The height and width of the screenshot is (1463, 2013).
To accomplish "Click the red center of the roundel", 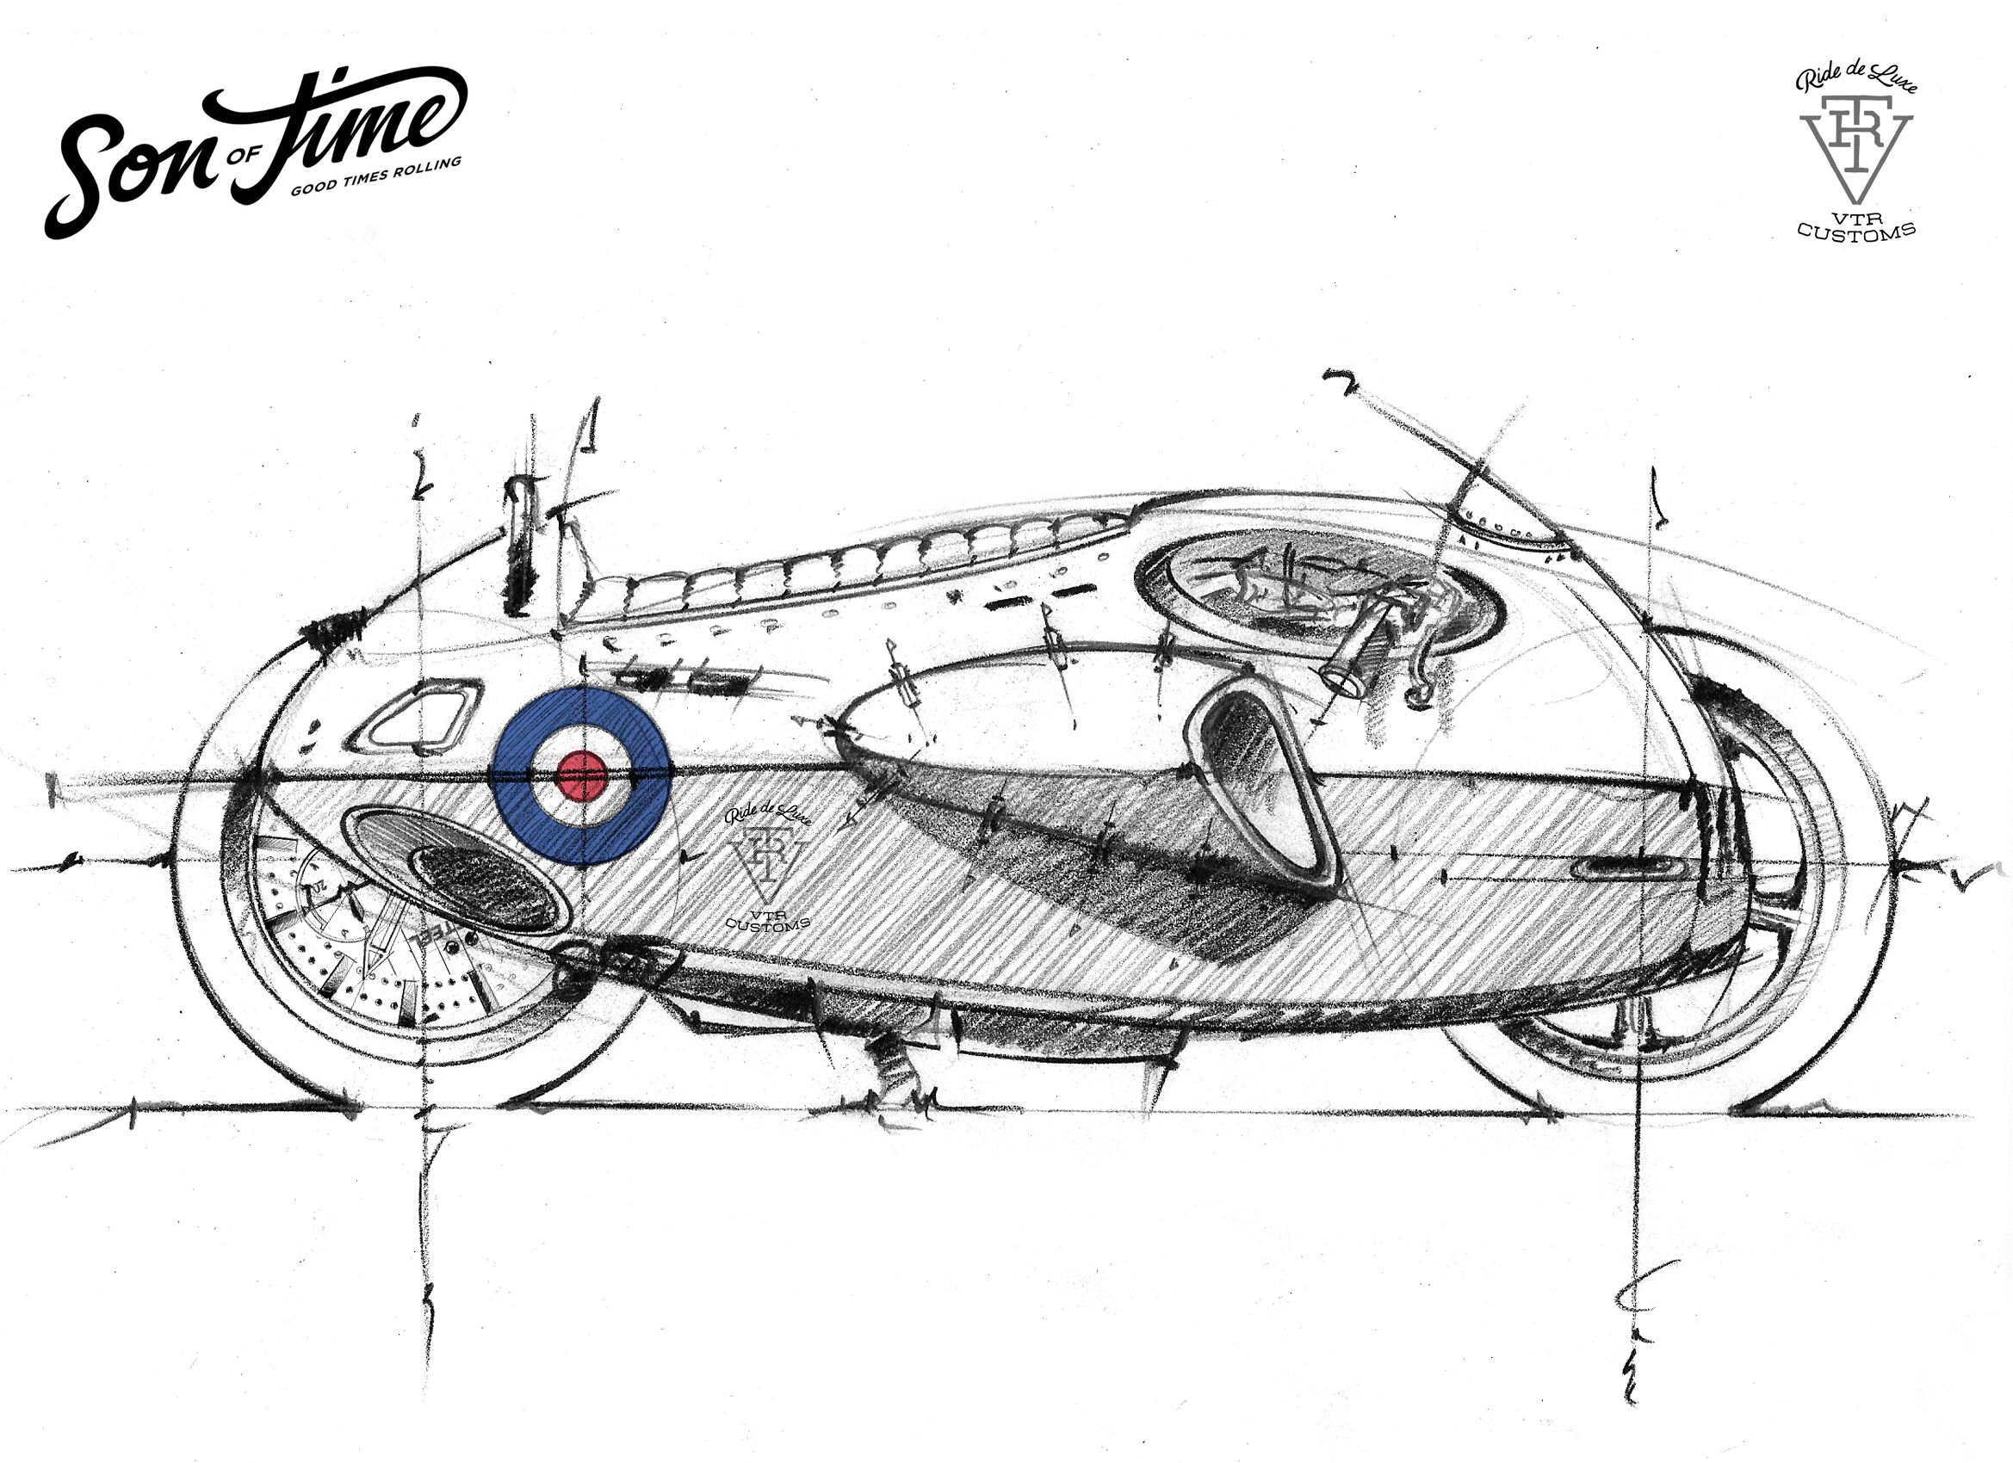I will pos(581,775).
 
